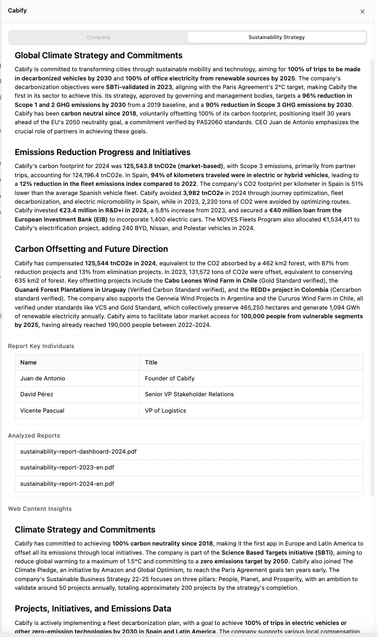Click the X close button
pyautogui.click(x=363, y=12)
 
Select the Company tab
pyautogui.click(x=98, y=37)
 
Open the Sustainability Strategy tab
pyautogui.click(x=276, y=37)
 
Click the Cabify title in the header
pyautogui.click(x=17, y=11)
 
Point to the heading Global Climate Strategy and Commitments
pyautogui.click(x=99, y=55)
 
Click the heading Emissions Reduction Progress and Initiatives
pyautogui.click(x=103, y=153)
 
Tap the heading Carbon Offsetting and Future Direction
pyautogui.click(x=91, y=249)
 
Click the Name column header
pyautogui.click(x=28, y=363)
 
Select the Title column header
pyautogui.click(x=151, y=363)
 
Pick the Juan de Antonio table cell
pyautogui.click(x=42, y=378)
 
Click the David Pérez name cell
pyautogui.click(x=37, y=394)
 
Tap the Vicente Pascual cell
pyautogui.click(x=42, y=411)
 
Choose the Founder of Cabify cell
pyautogui.click(x=169, y=378)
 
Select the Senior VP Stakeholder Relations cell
pyautogui.click(x=189, y=394)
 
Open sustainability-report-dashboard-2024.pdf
pyautogui.click(x=78, y=452)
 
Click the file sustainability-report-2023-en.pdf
pyautogui.click(x=67, y=468)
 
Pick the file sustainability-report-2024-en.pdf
pyautogui.click(x=67, y=483)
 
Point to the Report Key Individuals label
pyautogui.click(x=41, y=346)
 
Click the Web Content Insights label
pyautogui.click(x=39, y=509)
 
